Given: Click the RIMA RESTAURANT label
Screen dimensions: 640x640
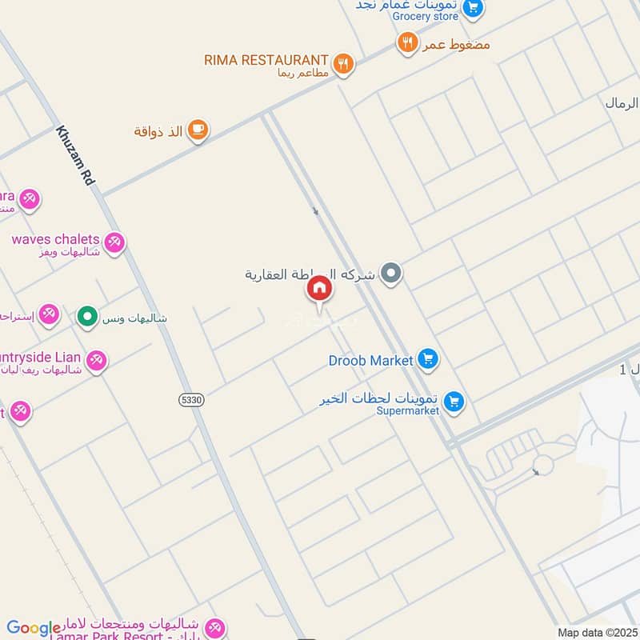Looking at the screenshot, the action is (x=266, y=60).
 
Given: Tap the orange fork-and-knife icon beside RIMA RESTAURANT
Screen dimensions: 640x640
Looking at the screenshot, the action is (x=343, y=63).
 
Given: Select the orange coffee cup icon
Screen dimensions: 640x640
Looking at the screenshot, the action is (x=198, y=129).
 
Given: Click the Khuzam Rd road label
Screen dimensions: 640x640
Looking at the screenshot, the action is (x=75, y=156).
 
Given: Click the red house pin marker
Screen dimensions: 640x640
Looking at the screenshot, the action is (x=318, y=289).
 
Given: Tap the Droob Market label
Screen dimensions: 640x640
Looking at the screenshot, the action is (x=370, y=361).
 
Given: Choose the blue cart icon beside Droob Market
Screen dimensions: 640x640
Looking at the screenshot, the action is (x=428, y=360).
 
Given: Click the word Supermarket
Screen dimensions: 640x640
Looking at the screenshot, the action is (x=408, y=411).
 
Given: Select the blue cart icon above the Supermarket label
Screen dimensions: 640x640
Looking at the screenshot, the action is (x=454, y=402).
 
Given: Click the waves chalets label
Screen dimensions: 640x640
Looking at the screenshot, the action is (x=55, y=239).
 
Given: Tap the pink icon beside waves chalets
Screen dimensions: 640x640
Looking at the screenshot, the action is (x=114, y=242).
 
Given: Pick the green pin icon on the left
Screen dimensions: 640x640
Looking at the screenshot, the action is (x=86, y=317).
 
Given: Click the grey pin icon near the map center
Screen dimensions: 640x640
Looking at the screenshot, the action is (x=390, y=274).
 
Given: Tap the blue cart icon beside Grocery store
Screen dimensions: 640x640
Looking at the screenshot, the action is (x=474, y=9).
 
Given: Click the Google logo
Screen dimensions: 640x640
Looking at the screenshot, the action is (x=34, y=628).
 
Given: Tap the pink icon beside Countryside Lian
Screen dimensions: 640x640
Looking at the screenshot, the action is (x=97, y=361).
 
